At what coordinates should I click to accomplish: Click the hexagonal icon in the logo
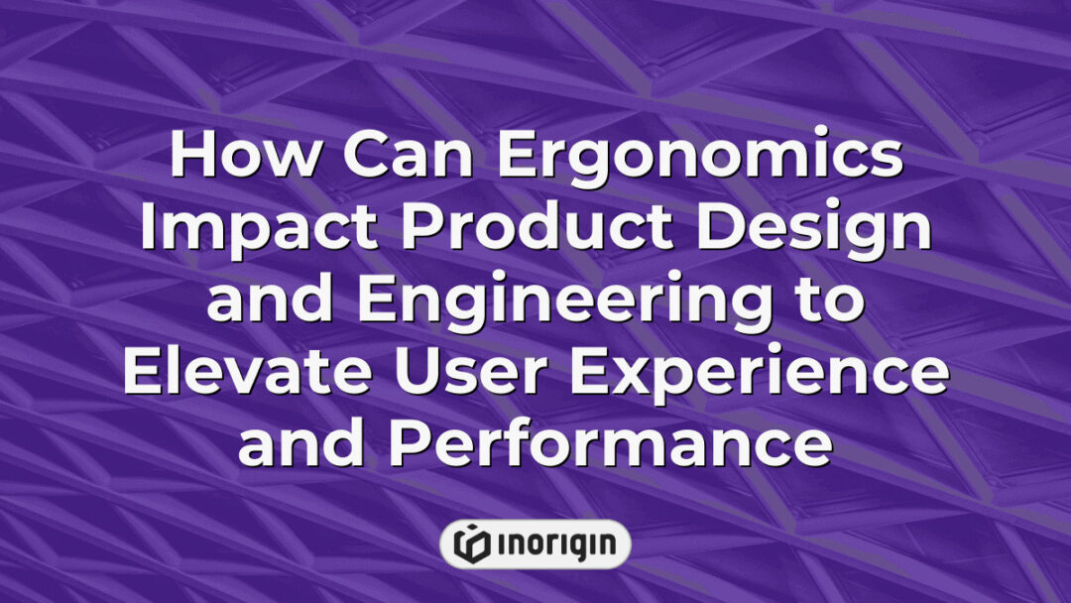click(x=472, y=543)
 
